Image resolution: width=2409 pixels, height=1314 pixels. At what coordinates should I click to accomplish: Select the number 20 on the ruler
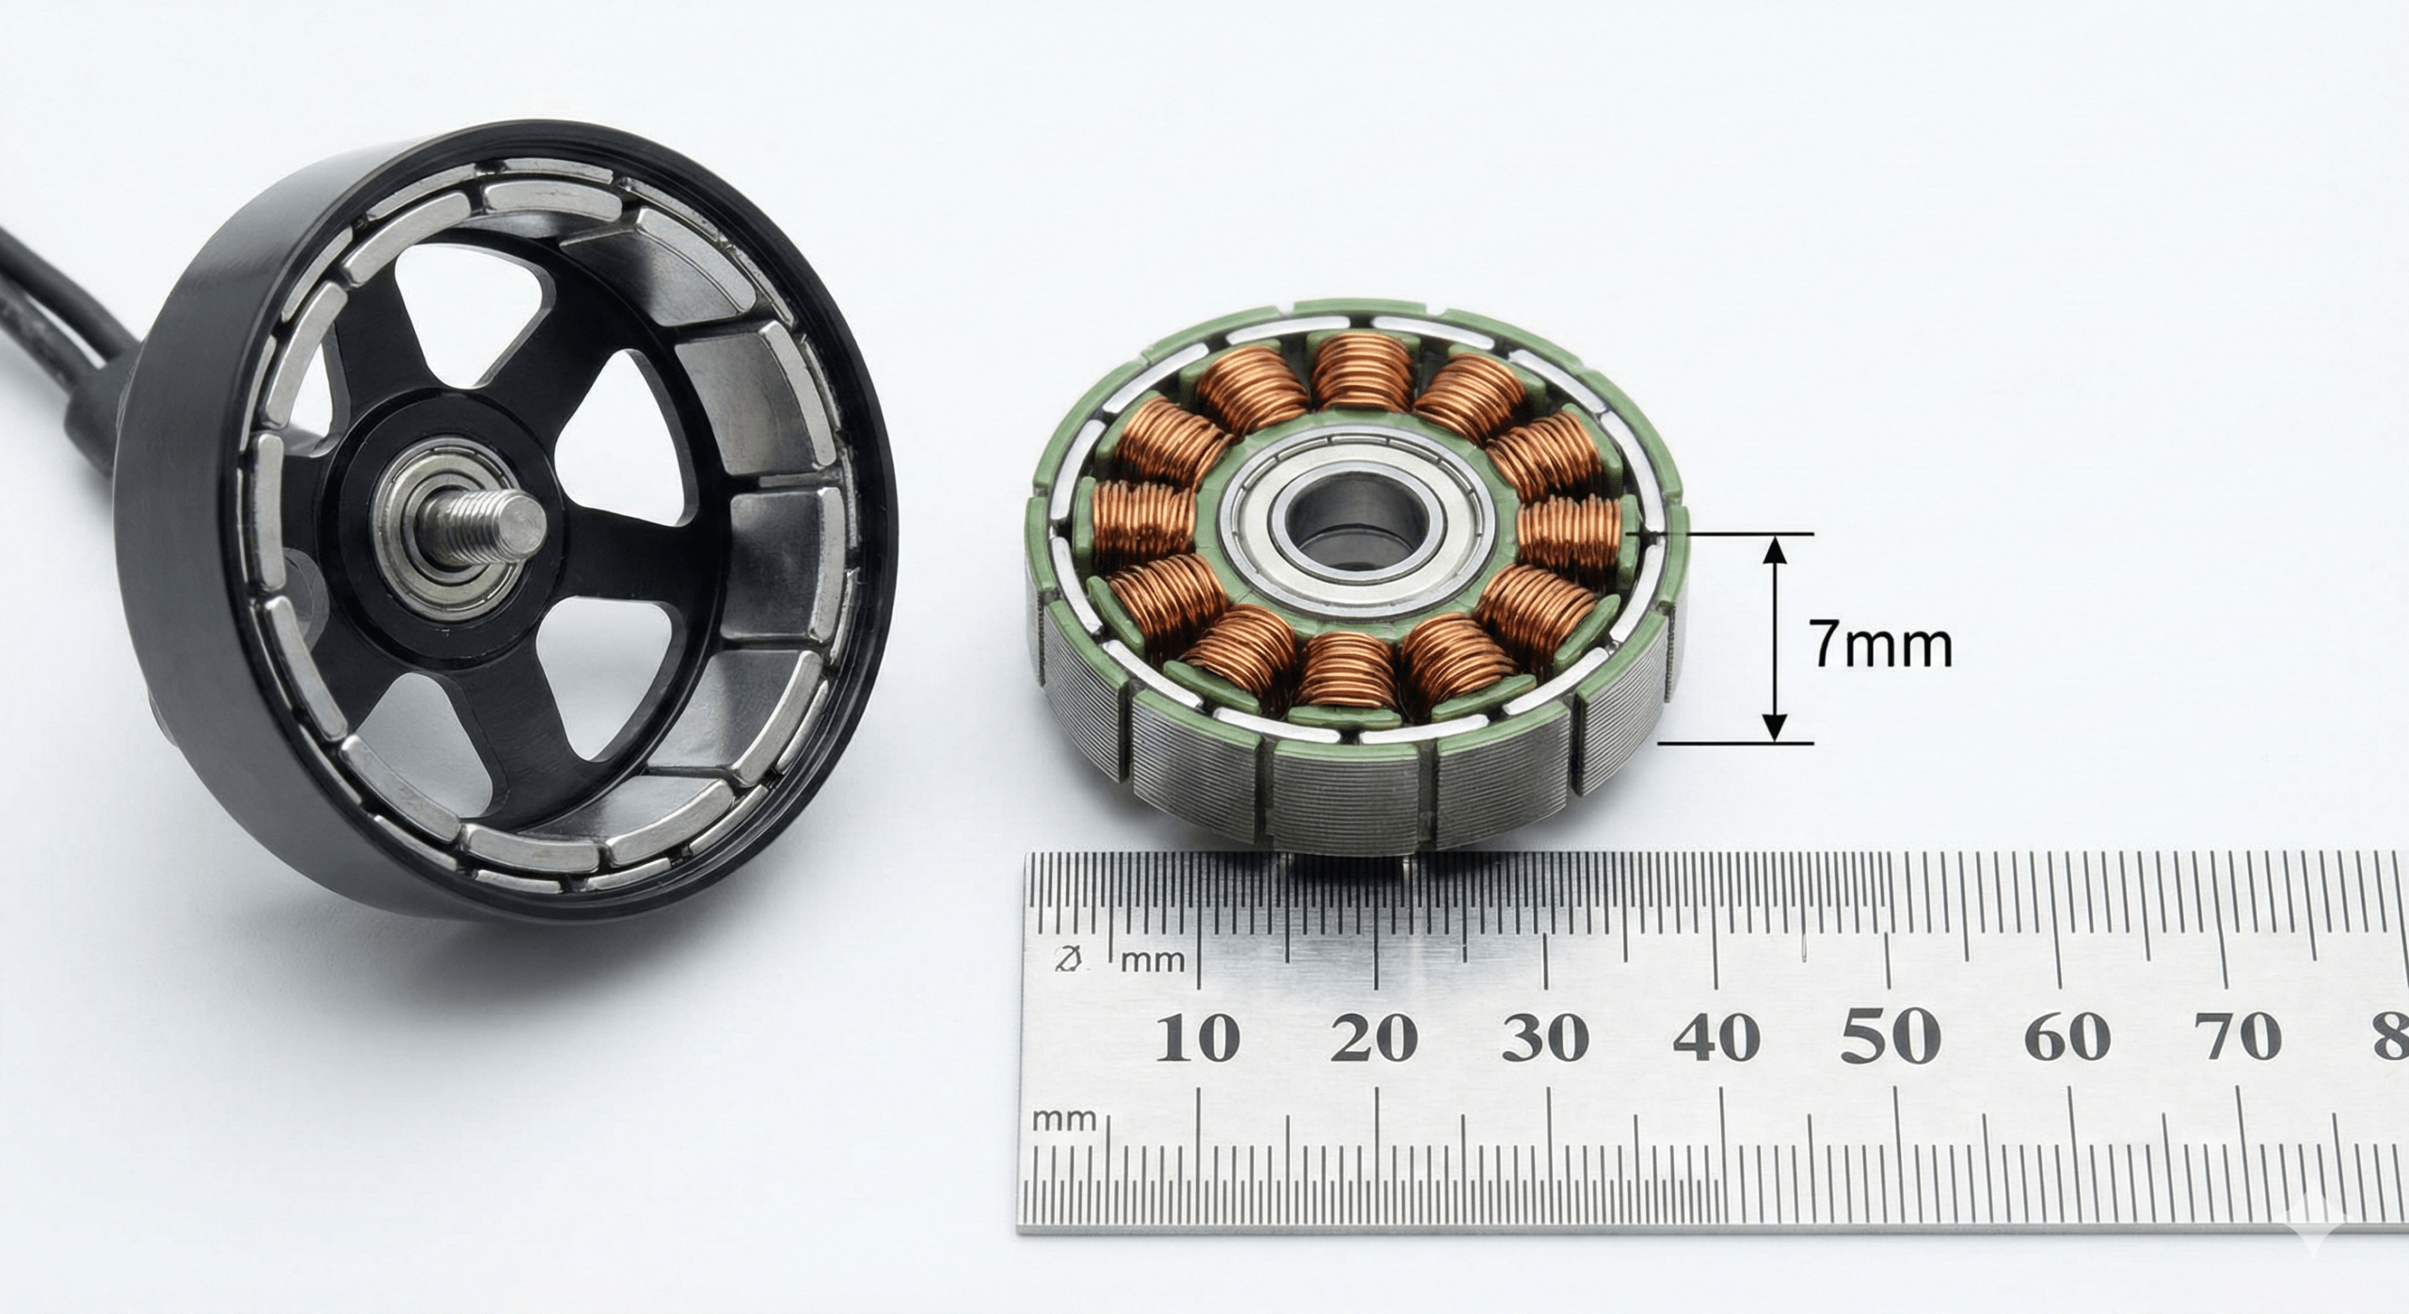[1374, 1039]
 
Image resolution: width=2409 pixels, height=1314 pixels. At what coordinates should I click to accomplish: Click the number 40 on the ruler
[1717, 1039]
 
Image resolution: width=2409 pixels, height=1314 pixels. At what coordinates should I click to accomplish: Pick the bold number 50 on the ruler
[1890, 1035]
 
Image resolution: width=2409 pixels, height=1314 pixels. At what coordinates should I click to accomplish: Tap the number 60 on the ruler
[2067, 1039]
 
